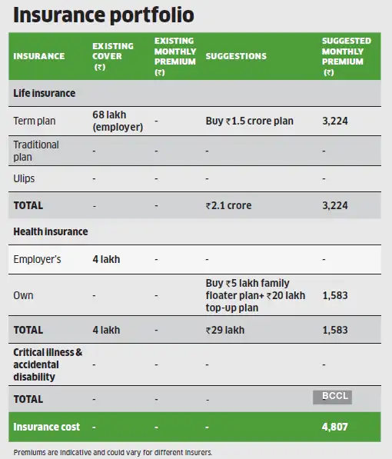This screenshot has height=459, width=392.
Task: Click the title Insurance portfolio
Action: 104,15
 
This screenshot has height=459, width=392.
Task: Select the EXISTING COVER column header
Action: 112,56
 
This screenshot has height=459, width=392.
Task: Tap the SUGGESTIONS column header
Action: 236,56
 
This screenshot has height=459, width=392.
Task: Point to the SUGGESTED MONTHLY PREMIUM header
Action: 346,56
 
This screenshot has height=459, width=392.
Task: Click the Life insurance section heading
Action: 45,93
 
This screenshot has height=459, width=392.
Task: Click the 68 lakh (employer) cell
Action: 115,121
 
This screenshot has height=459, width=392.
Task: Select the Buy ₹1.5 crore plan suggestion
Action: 249,121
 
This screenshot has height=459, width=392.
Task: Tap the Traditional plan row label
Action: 36,151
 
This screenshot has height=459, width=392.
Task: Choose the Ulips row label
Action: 25,179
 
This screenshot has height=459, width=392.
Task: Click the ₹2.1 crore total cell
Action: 229,206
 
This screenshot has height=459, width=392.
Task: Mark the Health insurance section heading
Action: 51,231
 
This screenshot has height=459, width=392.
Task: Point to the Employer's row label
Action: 38,259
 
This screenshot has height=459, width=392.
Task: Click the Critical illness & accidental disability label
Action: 48,364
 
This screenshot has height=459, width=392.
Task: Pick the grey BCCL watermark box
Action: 332,397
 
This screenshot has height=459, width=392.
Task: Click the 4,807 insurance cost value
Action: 337,426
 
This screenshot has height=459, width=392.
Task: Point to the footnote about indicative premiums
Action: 113,452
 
